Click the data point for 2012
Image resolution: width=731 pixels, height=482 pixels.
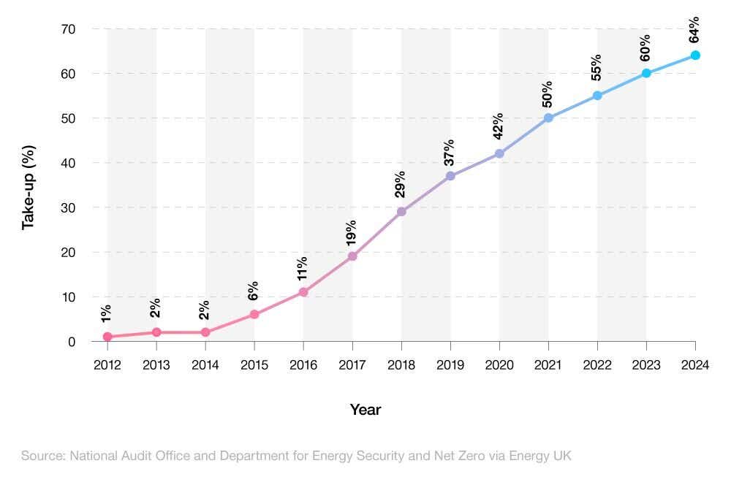[x=107, y=337]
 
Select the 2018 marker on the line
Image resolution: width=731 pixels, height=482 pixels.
[x=401, y=212]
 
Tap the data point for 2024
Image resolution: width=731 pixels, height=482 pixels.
[x=695, y=56]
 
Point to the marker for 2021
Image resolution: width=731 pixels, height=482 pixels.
[x=548, y=118]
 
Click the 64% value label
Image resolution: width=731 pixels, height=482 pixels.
[x=694, y=29]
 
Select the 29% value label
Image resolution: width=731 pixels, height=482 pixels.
[x=401, y=184]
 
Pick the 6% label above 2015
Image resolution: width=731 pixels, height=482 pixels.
[x=254, y=291]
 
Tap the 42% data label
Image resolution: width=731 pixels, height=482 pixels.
[x=499, y=126]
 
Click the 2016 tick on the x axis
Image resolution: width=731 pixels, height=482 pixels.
[x=303, y=365]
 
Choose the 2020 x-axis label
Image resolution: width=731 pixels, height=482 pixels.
[x=499, y=365]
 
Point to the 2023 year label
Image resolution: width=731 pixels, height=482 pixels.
[x=646, y=365]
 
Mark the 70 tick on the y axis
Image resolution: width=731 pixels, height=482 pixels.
[x=67, y=29]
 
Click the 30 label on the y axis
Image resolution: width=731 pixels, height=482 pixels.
[x=67, y=207]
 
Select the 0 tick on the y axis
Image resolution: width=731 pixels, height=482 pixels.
[x=72, y=342]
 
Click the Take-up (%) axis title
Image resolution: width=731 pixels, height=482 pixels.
[x=29, y=188]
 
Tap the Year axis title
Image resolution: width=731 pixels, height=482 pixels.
[x=365, y=410]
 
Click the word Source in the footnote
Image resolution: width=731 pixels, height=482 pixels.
[x=42, y=456]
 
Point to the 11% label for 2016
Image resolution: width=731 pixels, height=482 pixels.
[x=303, y=268]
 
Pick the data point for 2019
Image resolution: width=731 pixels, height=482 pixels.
[x=450, y=176]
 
